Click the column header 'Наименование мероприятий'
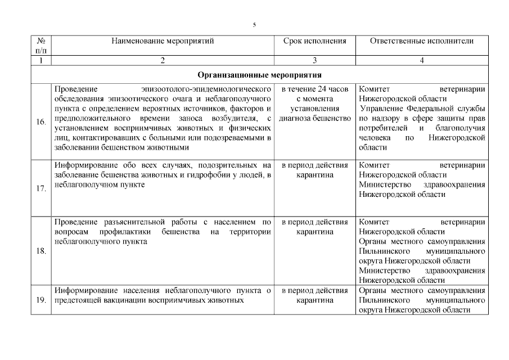163,41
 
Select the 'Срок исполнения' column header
314,41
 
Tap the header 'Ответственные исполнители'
422,41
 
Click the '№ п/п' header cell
41,46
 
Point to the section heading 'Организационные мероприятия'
259,75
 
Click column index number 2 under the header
163,61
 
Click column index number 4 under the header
422,61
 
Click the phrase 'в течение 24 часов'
314,89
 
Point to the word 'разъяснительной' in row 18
121,222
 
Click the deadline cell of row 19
314,295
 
